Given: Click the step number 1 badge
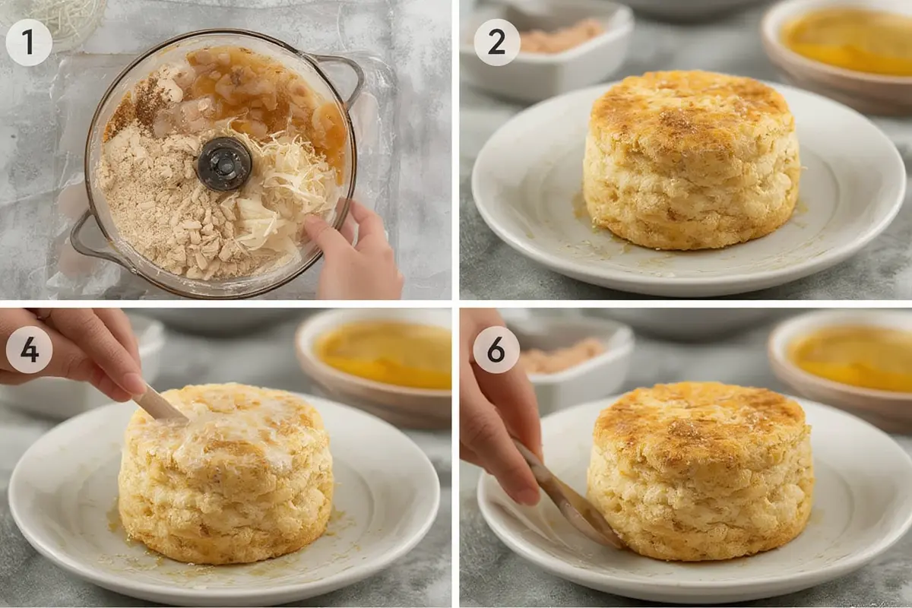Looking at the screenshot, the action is click(29, 43).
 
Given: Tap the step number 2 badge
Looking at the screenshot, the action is click(497, 43).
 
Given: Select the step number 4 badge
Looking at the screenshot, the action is click(29, 350).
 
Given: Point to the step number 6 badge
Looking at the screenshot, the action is click(497, 350).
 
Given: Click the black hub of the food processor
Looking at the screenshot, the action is click(223, 164).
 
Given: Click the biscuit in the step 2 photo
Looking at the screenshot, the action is click(691, 161).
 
